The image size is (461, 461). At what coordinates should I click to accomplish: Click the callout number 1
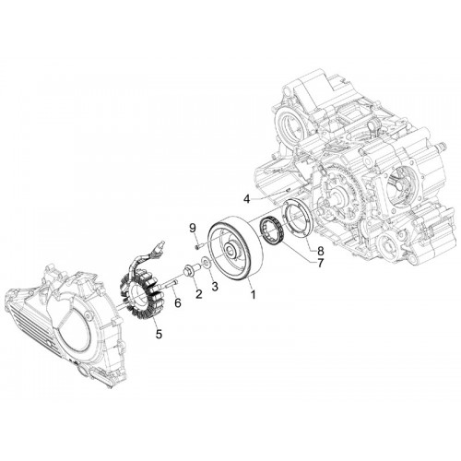pos(253,294)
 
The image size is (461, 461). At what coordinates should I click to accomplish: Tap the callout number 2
pos(199,294)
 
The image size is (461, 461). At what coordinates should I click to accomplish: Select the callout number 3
pos(215,287)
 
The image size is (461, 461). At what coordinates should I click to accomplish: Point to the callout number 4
pos(247,199)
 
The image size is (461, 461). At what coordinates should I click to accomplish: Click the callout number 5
pos(159,334)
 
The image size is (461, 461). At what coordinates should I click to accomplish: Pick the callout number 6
pos(178,302)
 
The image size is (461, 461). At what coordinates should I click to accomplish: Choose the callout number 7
pos(320,263)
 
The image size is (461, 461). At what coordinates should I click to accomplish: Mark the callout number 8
pos(320,251)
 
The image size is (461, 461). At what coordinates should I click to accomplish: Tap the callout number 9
pos(193,228)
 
